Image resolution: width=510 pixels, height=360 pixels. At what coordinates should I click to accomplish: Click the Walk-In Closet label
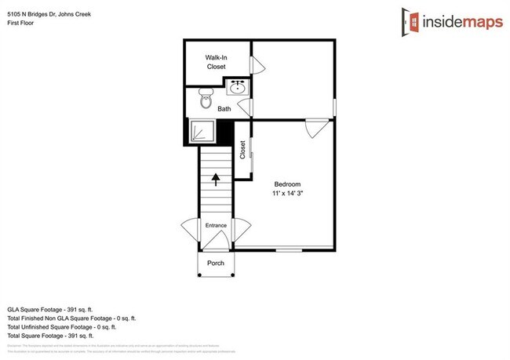point(216,63)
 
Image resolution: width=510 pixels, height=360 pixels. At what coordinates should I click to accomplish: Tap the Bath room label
point(224,110)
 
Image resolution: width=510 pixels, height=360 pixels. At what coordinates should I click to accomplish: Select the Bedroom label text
point(287,184)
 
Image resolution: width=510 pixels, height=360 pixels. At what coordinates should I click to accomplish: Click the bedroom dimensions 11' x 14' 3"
point(287,193)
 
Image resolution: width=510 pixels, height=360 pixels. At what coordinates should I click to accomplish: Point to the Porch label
point(216,264)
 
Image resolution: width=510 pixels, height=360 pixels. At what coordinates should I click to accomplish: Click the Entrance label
point(216,226)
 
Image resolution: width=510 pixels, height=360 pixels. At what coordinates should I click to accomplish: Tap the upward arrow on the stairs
point(216,180)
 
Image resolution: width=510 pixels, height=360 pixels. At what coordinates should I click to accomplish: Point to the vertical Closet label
point(243,149)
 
